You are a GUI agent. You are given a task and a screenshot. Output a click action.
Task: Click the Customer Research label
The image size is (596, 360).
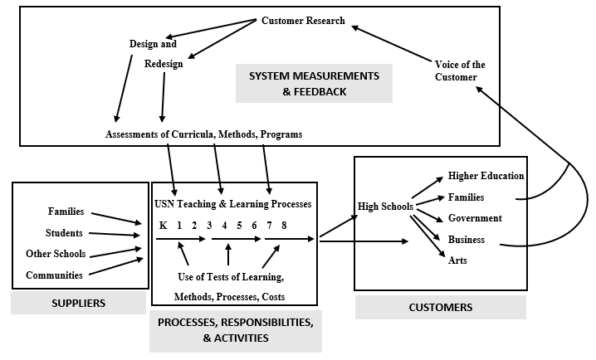click(x=302, y=21)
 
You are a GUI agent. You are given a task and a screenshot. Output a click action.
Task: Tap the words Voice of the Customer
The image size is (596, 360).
click(x=460, y=71)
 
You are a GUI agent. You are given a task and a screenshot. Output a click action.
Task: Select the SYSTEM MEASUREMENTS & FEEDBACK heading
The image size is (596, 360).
click(x=314, y=83)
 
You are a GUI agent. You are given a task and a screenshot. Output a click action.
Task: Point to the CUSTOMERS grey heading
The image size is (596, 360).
click(x=440, y=307)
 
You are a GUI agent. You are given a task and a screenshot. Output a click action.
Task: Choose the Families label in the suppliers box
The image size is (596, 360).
click(x=66, y=212)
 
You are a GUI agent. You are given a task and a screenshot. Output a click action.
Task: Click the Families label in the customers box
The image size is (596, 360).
click(x=466, y=197)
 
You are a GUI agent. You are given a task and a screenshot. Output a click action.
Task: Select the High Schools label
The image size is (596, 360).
click(x=385, y=207)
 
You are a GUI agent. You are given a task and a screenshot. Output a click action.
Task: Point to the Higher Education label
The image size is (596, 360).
click(x=486, y=176)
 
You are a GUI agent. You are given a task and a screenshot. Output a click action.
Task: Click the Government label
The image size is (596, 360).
click(x=475, y=218)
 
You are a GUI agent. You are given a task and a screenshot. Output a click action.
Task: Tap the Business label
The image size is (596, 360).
click(x=467, y=240)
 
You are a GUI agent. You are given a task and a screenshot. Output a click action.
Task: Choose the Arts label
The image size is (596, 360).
click(x=457, y=260)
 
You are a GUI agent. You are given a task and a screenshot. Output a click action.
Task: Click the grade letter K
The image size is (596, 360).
click(x=164, y=225)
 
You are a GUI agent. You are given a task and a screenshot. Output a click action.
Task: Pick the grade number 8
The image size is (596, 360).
click(x=284, y=225)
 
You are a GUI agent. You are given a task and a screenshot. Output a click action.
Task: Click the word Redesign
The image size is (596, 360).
click(x=163, y=64)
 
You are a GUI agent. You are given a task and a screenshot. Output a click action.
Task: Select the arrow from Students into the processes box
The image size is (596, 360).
click(x=116, y=235)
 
